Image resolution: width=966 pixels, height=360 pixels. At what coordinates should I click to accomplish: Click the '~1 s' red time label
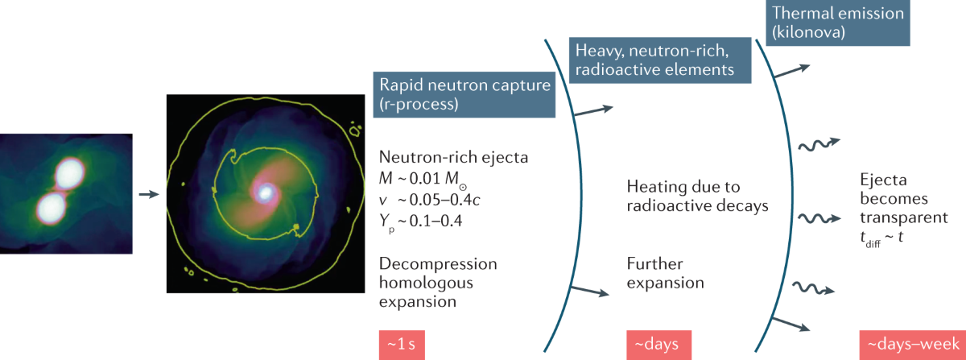click(400, 345)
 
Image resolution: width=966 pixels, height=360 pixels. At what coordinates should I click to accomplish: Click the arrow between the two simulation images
click(148, 194)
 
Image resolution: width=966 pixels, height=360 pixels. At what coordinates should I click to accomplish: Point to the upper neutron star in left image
click(69, 173)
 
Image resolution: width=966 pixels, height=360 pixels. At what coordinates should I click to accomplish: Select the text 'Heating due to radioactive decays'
click(696, 196)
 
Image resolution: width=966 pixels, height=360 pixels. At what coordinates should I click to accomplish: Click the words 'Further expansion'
click(665, 274)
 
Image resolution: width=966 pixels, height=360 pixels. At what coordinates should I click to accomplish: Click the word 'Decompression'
click(437, 264)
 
